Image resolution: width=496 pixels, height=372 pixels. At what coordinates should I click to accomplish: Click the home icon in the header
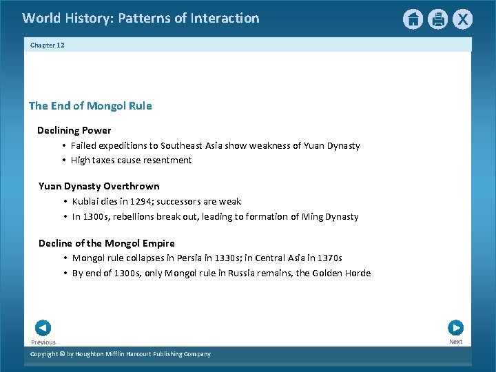coord(413,19)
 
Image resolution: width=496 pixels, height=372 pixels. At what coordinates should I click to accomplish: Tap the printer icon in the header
coord(437,19)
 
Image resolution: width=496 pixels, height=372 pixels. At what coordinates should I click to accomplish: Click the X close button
coord(462,19)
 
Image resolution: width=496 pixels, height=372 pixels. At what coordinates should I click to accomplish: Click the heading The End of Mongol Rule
coord(90,106)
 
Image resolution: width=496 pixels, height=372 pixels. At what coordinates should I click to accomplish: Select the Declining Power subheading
coord(74,130)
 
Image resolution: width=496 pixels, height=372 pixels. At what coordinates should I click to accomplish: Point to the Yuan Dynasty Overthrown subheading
coord(99,186)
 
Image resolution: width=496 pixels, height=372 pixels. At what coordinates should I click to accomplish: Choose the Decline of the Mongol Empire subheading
coord(107,243)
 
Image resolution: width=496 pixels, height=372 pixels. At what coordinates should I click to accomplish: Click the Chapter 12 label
coord(47,45)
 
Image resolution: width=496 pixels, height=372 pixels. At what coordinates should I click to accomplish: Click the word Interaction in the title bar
coord(224,19)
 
